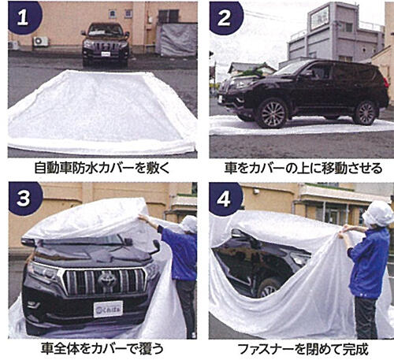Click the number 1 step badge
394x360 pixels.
(21, 17)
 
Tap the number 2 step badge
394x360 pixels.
(222, 17)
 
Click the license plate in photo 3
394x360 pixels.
(108, 308)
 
